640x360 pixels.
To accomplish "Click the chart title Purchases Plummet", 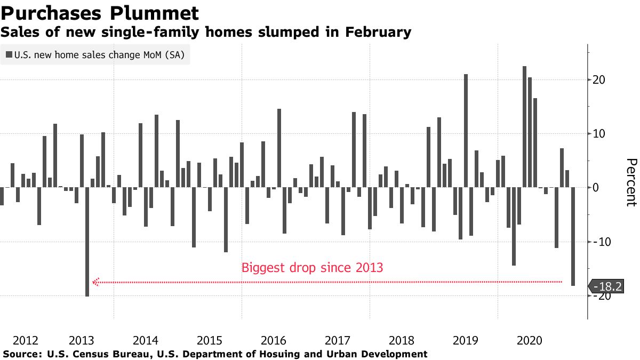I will tap(100, 13).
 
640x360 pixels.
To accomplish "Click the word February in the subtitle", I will tap(377, 33).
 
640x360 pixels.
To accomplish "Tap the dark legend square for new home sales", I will tap(9, 55).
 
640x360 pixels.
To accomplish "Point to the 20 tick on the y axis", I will tap(598, 80).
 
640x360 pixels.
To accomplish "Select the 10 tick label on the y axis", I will tap(598, 134).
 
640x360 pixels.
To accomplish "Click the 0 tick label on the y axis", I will tap(595, 188).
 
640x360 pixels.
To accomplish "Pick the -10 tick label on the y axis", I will tap(600, 242).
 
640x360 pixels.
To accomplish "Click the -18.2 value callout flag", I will tap(607, 286).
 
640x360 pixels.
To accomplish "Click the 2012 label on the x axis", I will tap(25, 340).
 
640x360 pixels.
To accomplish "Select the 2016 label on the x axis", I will tap(274, 340).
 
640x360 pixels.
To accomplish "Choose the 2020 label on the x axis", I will tap(530, 340).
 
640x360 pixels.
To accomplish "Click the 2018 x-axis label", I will tap(402, 340).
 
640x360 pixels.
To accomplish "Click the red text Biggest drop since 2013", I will tap(312, 267).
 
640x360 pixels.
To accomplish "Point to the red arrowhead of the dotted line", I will tap(96, 282).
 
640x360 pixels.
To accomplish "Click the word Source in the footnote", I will tap(21, 354).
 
